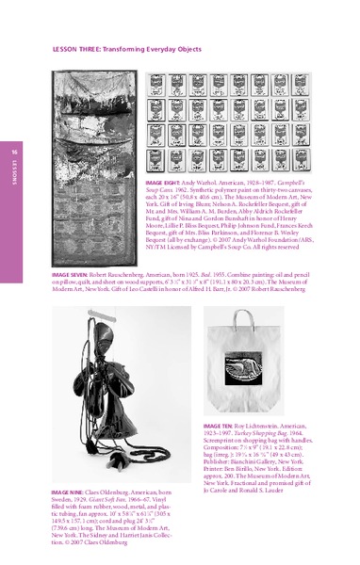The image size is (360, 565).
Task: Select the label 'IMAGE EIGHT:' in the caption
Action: [x=164, y=178]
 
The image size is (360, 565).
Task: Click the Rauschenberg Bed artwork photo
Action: [x=90, y=171]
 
